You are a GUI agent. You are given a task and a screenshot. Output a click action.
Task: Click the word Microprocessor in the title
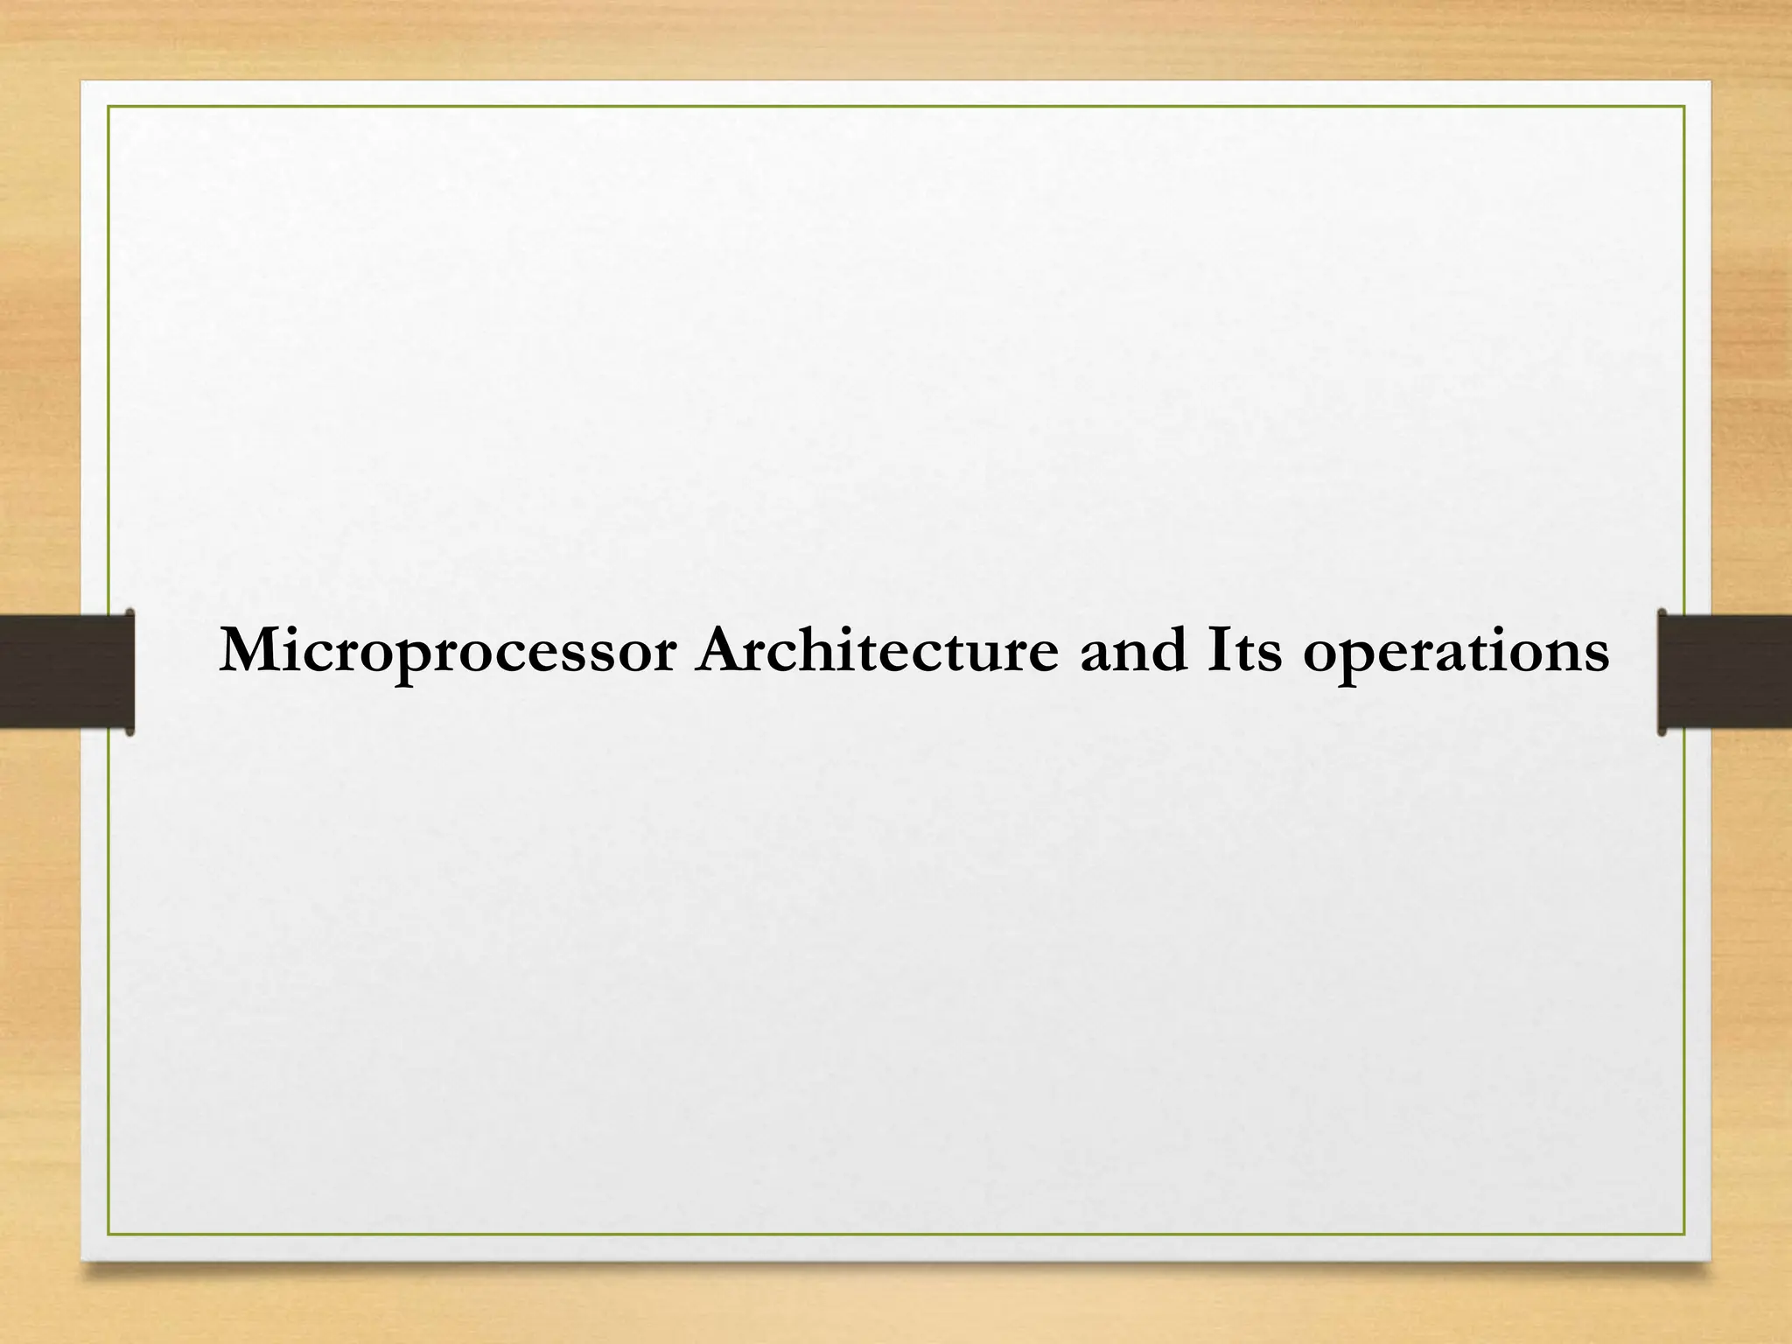(x=448, y=653)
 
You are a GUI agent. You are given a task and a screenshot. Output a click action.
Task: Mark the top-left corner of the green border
(x=108, y=106)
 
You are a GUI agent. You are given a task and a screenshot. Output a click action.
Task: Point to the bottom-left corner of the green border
(x=108, y=1235)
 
